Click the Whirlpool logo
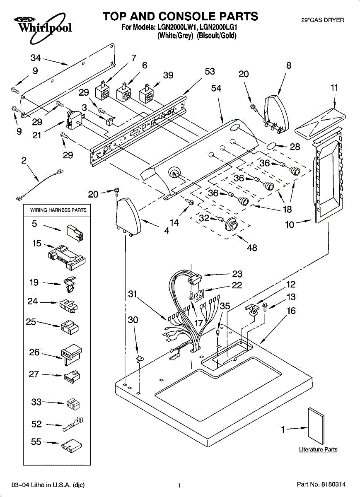(43, 28)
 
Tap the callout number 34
(36, 58)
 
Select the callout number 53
(210, 71)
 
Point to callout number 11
(334, 88)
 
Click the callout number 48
(252, 248)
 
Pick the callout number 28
(295, 147)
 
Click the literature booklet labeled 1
(316, 426)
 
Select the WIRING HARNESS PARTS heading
(58, 210)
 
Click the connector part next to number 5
(75, 233)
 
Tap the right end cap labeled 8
(276, 114)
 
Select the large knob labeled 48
(231, 224)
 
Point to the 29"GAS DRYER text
(322, 20)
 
